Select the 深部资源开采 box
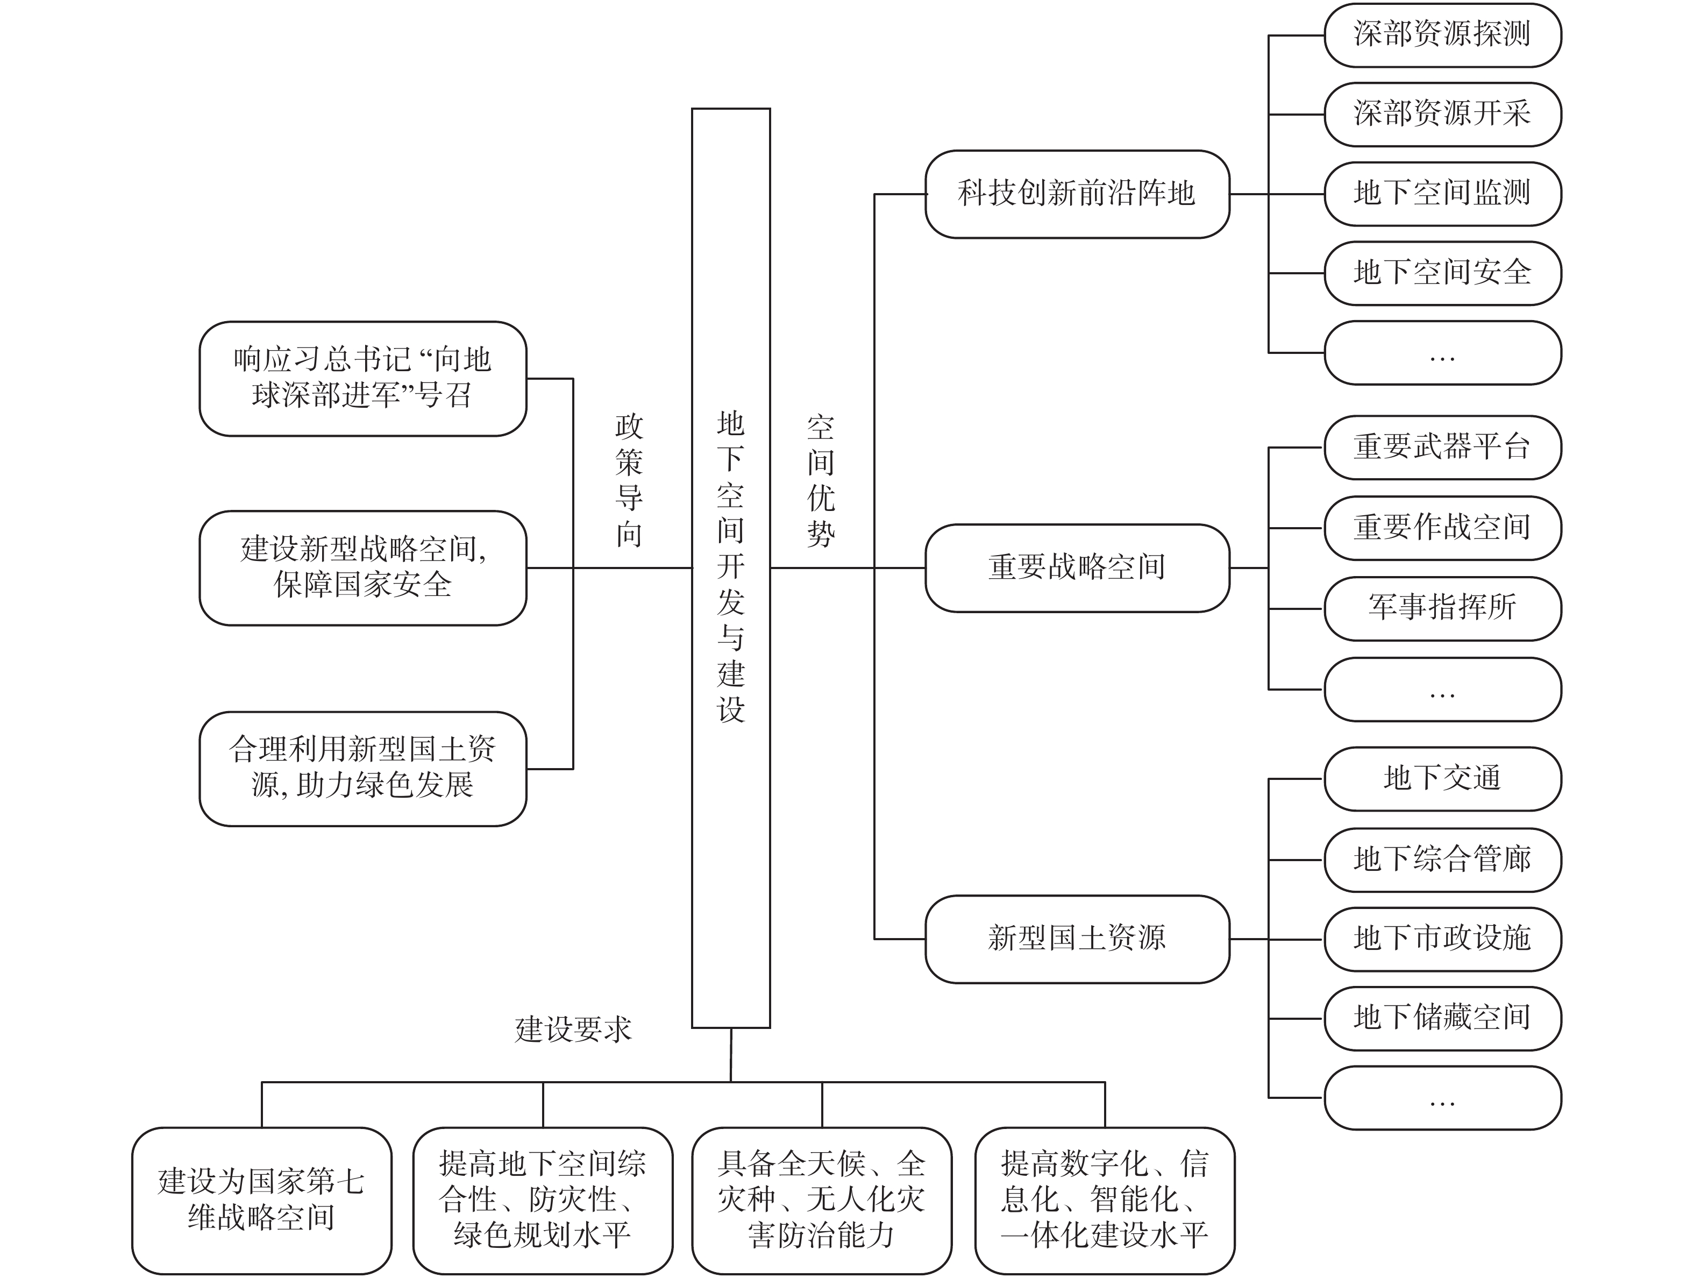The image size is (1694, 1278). click(1442, 114)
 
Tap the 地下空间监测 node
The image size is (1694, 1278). click(1442, 194)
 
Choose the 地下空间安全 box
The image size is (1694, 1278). click(1442, 273)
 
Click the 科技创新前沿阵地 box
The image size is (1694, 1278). click(1077, 194)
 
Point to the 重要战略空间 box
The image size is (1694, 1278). click(1077, 568)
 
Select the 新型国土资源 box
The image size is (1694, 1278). click(1077, 939)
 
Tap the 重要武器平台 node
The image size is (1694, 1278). click(1442, 448)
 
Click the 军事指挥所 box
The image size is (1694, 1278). click(1442, 608)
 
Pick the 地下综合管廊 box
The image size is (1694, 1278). click(1442, 860)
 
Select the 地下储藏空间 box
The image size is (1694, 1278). click(1442, 1018)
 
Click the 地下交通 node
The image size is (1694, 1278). click(1442, 779)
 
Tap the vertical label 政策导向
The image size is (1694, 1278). click(629, 480)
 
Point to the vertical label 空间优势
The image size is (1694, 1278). click(820, 480)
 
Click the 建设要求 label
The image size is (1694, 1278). click(573, 1029)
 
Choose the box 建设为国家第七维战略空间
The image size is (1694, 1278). click(261, 1200)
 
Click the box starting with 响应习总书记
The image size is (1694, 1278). click(362, 379)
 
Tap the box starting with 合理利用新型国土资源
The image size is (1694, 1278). click(362, 769)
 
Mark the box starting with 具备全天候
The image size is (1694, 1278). click(821, 1200)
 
